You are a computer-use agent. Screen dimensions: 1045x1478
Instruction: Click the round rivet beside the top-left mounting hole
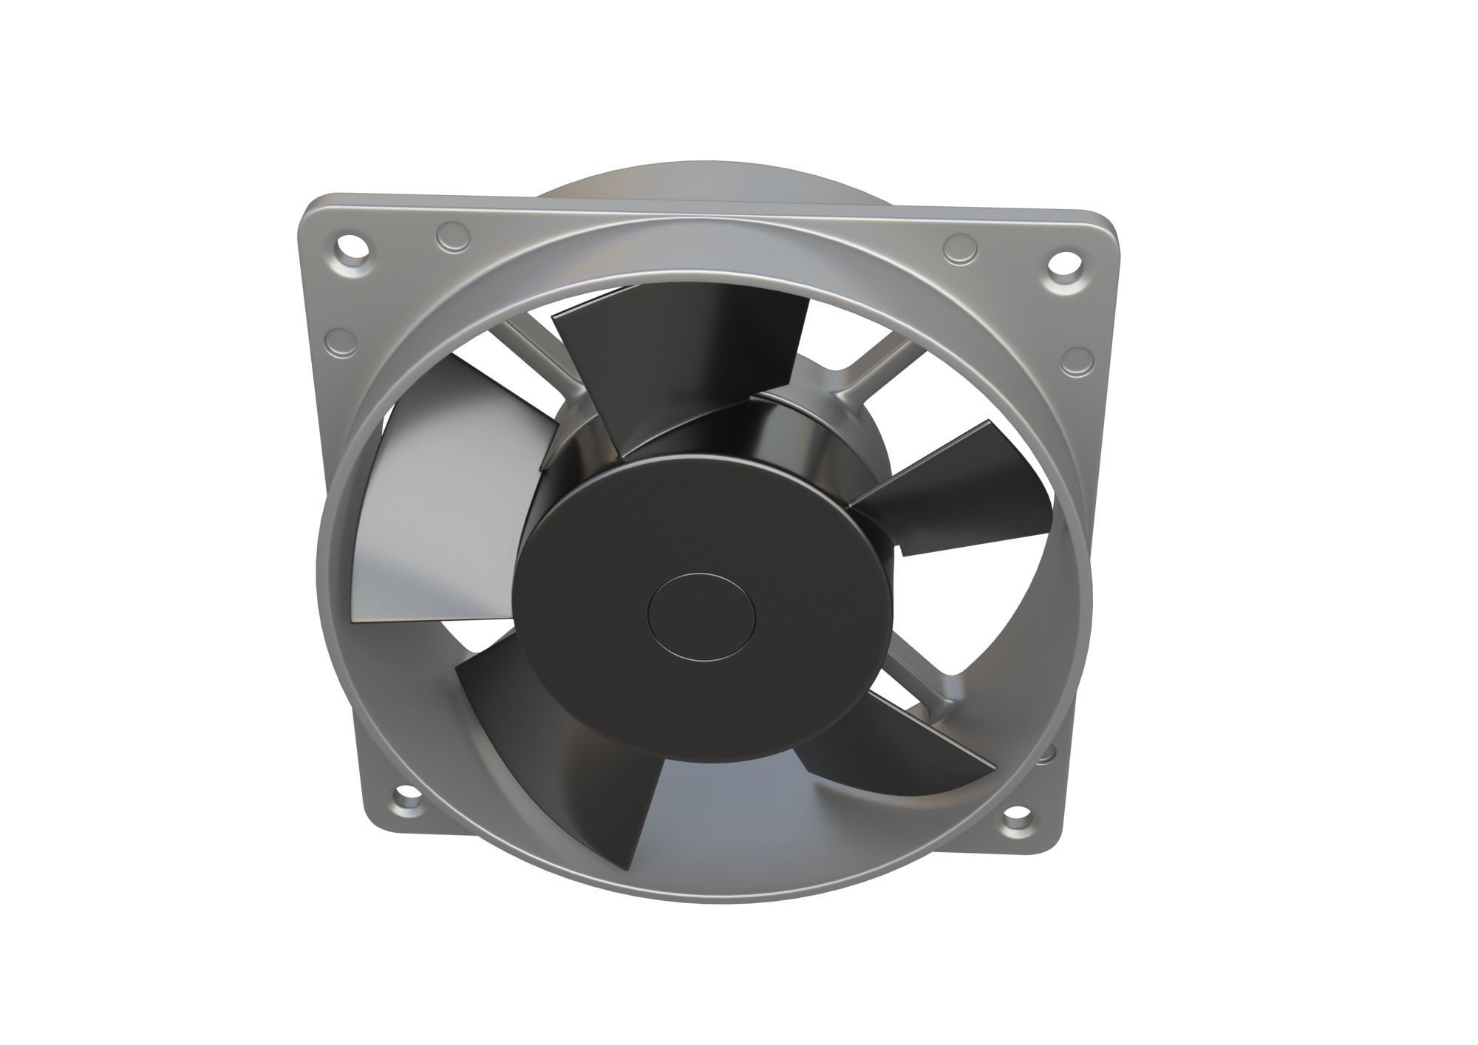[x=452, y=238]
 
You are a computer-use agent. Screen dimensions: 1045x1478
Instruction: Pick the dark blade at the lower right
[x=894, y=754]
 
